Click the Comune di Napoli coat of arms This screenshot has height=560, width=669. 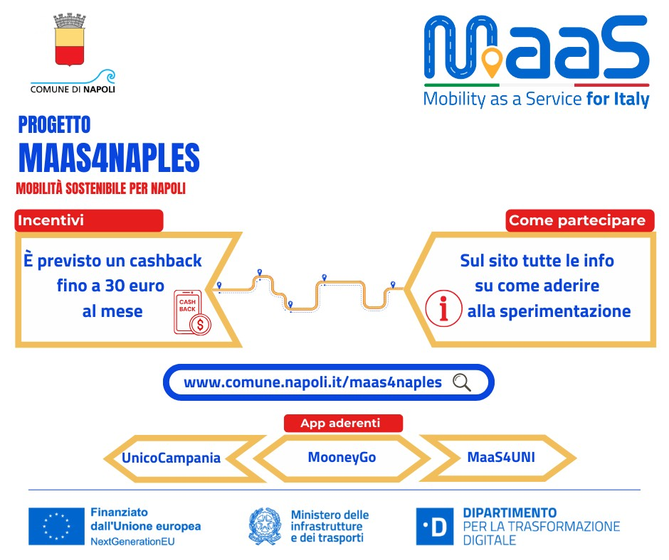pyautogui.click(x=70, y=40)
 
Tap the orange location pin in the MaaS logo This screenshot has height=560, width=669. pyautogui.click(x=492, y=63)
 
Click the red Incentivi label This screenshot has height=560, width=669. pyautogui.click(x=89, y=220)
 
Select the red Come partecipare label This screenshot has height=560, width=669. pyautogui.click(x=580, y=220)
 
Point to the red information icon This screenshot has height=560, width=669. pyautogui.click(x=443, y=308)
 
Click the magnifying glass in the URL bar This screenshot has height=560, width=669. pyautogui.click(x=462, y=382)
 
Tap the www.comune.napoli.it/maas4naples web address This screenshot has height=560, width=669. pyautogui.click(x=312, y=382)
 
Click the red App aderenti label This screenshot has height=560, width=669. pyautogui.click(x=343, y=423)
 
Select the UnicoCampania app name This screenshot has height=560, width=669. pyautogui.click(x=171, y=458)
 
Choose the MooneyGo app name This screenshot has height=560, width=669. pyautogui.click(x=342, y=457)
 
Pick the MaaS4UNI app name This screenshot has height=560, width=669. pyautogui.click(x=501, y=457)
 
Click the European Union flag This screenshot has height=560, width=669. pyautogui.click(x=56, y=527)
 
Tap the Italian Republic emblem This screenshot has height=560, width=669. pyautogui.click(x=265, y=527)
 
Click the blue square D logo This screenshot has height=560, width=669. pyautogui.click(x=435, y=527)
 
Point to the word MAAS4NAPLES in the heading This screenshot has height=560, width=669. pyautogui.click(x=109, y=158)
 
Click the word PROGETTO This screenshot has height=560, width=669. pyautogui.click(x=54, y=125)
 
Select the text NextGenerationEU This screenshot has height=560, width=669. pyautogui.click(x=132, y=542)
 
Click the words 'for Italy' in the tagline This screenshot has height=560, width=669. pyautogui.click(x=618, y=99)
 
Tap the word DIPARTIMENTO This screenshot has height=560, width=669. pyautogui.click(x=510, y=512)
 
